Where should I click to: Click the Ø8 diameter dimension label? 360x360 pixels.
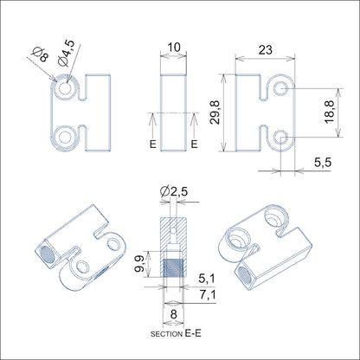pyautogui.click(x=38, y=56)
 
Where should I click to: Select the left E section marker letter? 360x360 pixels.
pyautogui.click(x=152, y=144)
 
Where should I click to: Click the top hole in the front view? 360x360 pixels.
pyautogui.click(x=67, y=88)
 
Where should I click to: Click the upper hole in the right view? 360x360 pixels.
pyautogui.click(x=280, y=89)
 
